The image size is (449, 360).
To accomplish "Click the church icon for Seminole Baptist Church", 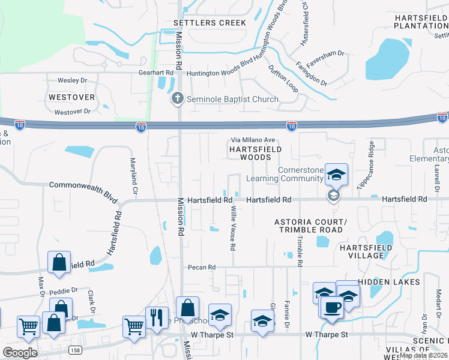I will coord(177,98).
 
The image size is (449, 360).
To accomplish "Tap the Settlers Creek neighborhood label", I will coord(209,23).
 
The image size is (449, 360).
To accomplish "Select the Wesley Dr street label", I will coord(72,80).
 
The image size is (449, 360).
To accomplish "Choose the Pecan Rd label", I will coord(201,267).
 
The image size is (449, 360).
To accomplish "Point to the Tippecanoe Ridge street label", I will coord(367,166).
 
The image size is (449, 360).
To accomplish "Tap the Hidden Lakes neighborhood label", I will coord(384,281).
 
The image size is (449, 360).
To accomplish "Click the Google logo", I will coord(20,352).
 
